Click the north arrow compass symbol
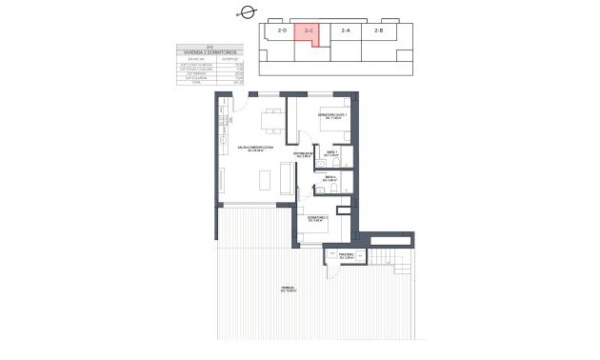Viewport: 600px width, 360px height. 246,12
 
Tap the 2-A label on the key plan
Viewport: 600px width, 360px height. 345,31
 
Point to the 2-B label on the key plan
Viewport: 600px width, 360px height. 379,31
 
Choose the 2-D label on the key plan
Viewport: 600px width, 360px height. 281,32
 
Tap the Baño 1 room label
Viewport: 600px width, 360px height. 332,153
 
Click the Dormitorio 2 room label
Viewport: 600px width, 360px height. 317,218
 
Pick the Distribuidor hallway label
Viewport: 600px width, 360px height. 303,154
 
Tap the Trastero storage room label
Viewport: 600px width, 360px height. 345,254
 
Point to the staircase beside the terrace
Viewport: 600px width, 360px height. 390,256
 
